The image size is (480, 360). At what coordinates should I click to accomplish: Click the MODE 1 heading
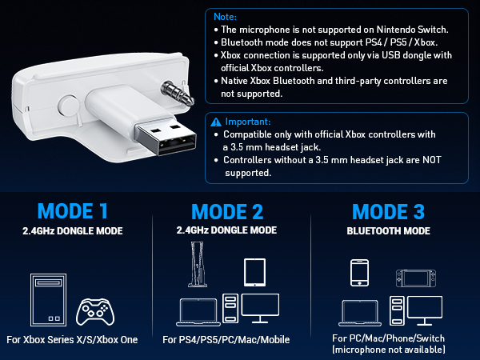73,211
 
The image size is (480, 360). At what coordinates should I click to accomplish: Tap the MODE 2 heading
227,211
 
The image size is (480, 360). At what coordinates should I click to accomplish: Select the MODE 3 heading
389,211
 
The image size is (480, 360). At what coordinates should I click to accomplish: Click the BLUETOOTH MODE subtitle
389,231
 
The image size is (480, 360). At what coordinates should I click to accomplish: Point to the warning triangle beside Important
216,122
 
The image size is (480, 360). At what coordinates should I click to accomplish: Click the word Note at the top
225,17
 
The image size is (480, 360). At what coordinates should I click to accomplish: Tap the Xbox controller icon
95,312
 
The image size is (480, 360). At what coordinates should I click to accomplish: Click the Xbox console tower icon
48,300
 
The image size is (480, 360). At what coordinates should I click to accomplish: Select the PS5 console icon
198,265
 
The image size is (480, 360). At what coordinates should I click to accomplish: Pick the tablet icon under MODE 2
254,273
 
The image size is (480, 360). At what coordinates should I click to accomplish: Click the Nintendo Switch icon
416,278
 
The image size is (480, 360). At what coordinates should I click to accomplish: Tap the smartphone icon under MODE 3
359,273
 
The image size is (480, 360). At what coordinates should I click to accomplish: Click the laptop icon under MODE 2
198,312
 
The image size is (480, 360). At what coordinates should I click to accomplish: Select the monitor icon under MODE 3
425,310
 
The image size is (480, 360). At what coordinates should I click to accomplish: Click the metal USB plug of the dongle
166,136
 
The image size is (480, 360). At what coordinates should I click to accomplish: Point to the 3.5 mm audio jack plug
178,93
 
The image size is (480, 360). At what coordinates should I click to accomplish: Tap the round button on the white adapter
68,106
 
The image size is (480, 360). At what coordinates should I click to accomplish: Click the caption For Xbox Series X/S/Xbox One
72,340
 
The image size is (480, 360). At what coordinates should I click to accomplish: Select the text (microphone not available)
389,350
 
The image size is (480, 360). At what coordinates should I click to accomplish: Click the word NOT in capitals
432,160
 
